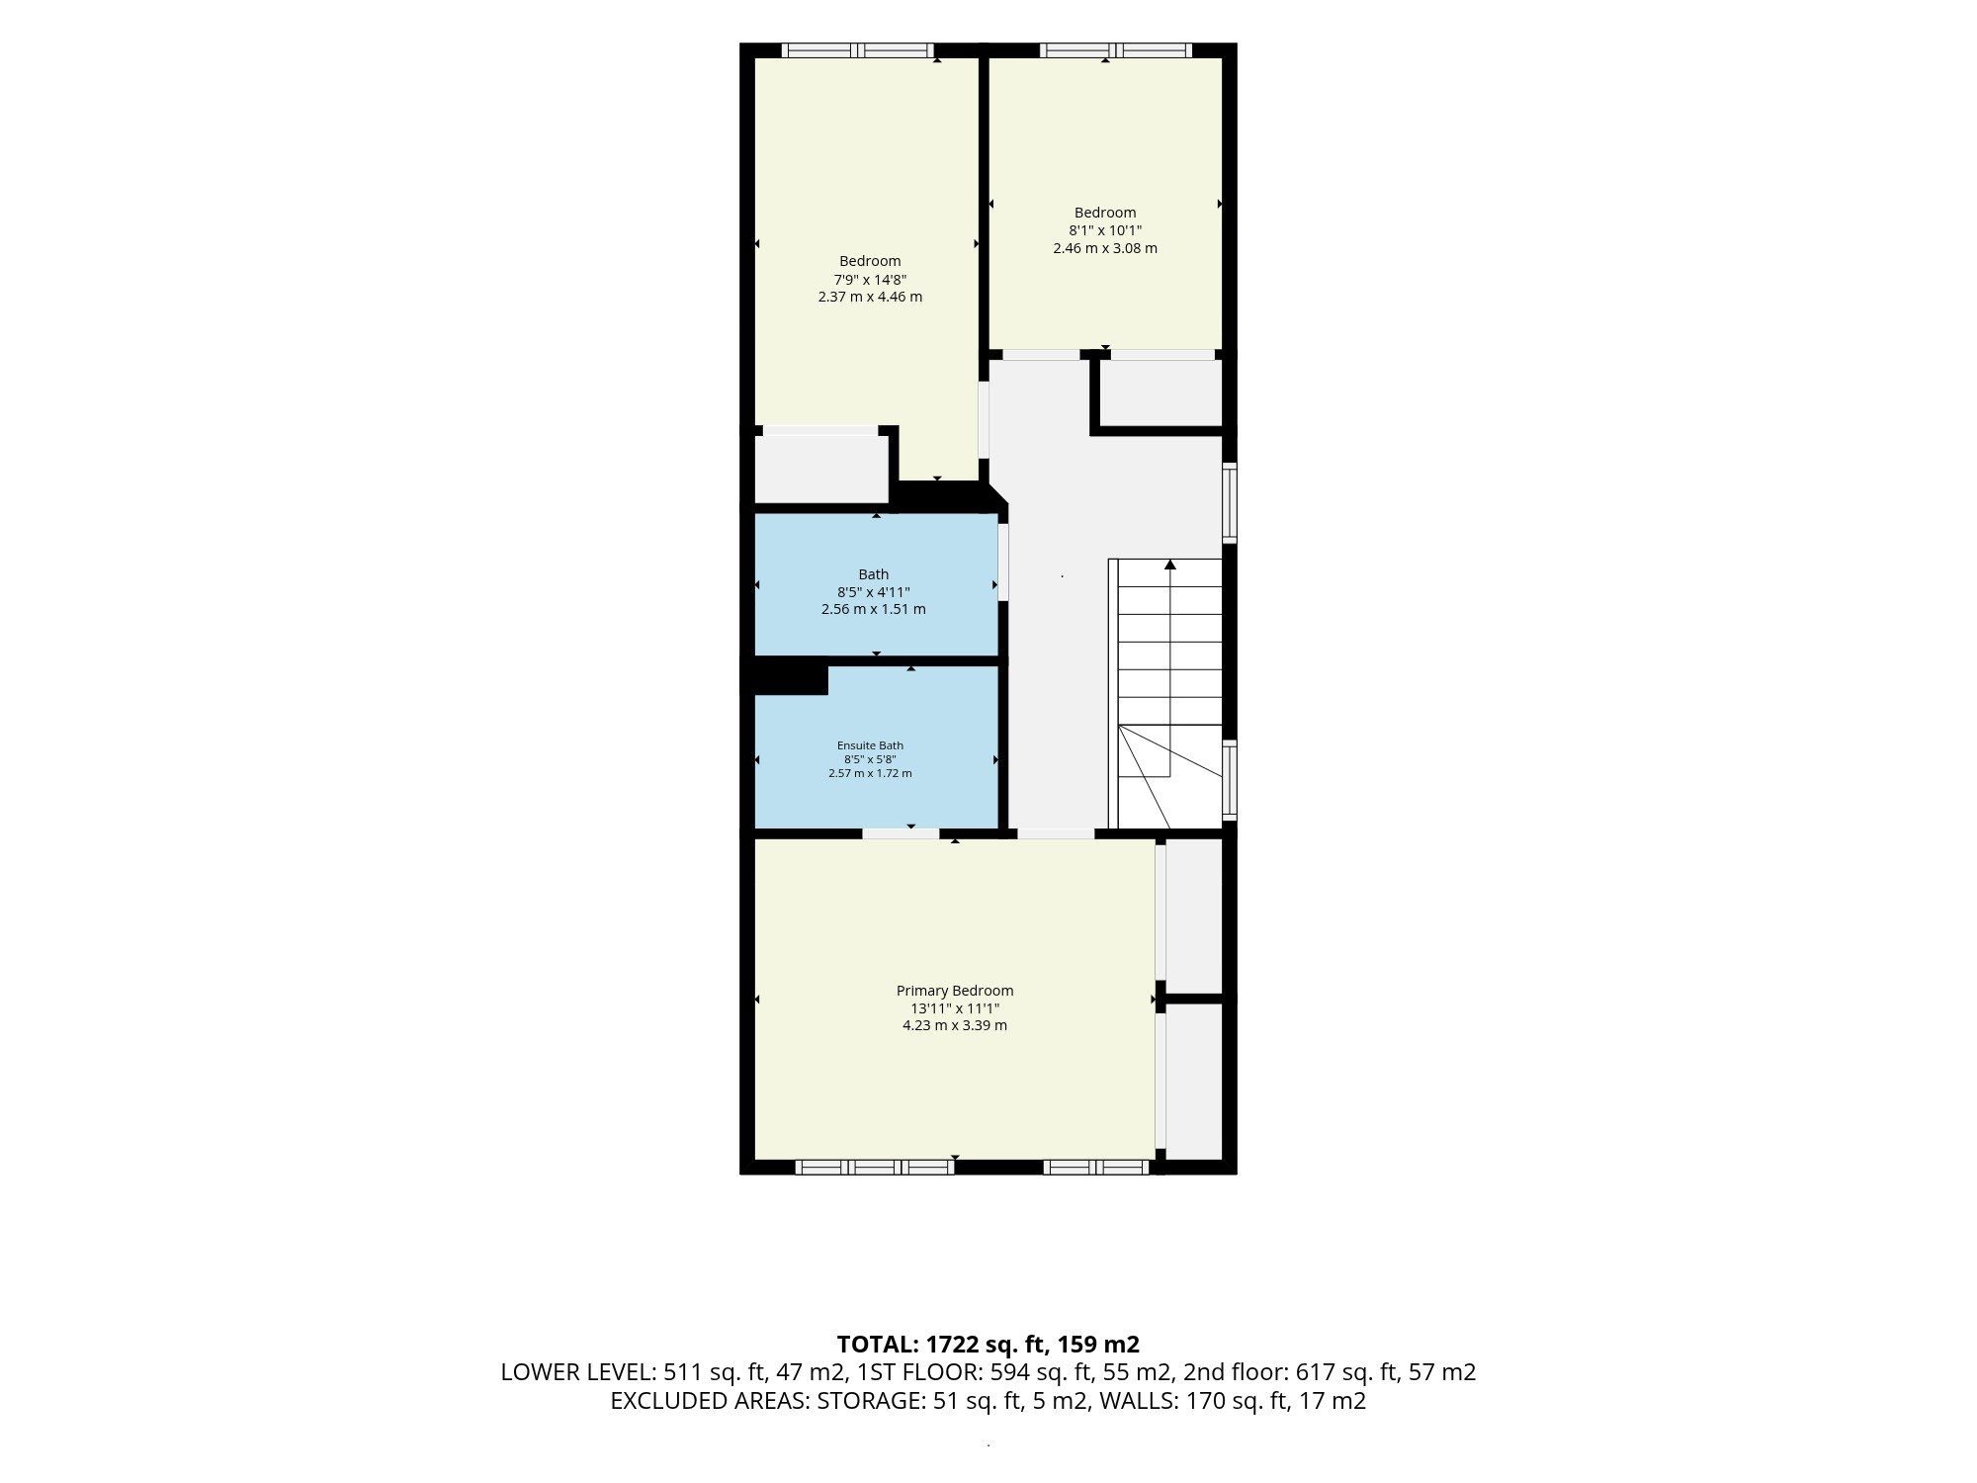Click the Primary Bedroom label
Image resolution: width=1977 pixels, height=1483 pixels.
tap(955, 991)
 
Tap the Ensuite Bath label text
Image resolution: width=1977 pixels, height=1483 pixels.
tap(870, 745)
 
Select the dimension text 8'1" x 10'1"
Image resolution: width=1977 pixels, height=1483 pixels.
tap(1105, 230)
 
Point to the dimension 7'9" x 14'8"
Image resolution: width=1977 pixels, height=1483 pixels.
tap(870, 279)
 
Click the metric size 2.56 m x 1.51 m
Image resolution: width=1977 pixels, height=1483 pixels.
tap(874, 609)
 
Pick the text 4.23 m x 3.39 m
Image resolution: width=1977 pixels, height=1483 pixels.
tap(955, 1025)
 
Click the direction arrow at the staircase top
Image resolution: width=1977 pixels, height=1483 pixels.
tap(1170, 565)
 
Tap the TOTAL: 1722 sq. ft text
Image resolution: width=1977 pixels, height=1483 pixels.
tap(941, 1345)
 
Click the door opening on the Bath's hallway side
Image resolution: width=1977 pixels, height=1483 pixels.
tap(1003, 562)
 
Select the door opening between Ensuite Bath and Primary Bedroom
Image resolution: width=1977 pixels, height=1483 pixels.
tap(901, 833)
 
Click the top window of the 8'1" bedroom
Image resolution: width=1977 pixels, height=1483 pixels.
tap(1115, 50)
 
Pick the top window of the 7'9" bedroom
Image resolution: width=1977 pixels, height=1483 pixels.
tap(858, 50)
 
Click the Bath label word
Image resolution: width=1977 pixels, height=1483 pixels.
tap(874, 574)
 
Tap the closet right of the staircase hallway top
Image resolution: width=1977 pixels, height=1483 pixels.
tap(1160, 393)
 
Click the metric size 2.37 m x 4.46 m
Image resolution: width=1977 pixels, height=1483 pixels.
tap(870, 297)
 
